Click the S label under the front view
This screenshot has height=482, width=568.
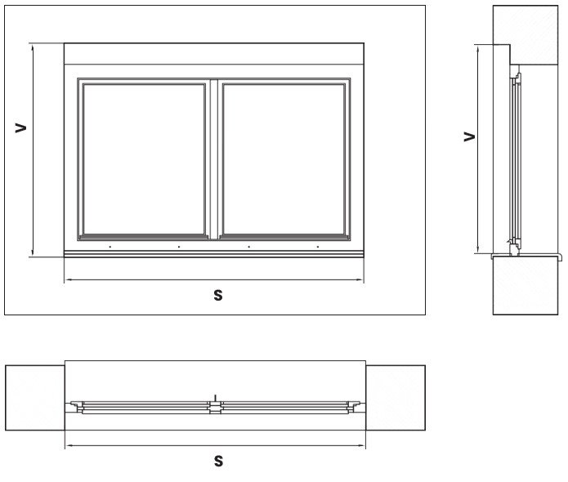point(218,295)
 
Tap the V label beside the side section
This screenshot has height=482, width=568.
point(468,136)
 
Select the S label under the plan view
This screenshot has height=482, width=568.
point(218,462)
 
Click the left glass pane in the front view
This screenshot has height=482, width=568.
point(144,158)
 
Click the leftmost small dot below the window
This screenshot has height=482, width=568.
point(110,246)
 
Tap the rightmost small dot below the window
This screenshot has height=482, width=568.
point(316,246)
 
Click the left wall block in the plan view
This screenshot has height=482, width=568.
point(34,397)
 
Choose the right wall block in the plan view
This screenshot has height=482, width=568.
point(396,397)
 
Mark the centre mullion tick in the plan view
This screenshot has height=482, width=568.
point(214,398)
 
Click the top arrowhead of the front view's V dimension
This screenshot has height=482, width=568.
point(32,47)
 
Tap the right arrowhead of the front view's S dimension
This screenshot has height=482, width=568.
point(363,281)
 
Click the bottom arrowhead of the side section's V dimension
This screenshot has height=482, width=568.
point(477,250)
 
